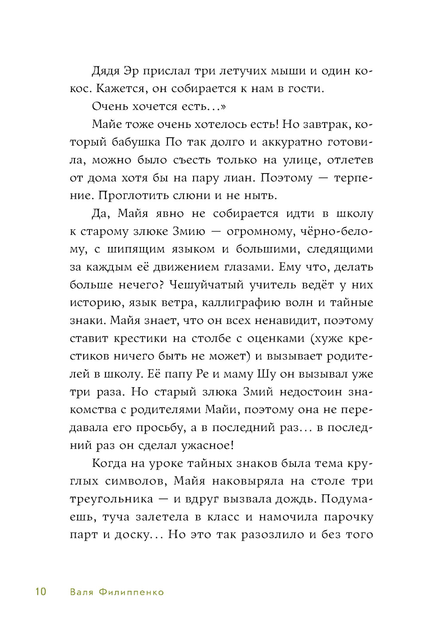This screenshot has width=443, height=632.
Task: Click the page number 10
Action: click(x=40, y=592)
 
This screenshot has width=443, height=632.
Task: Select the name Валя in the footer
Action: click(x=82, y=592)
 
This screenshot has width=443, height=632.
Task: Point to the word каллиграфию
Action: click(x=241, y=303)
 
